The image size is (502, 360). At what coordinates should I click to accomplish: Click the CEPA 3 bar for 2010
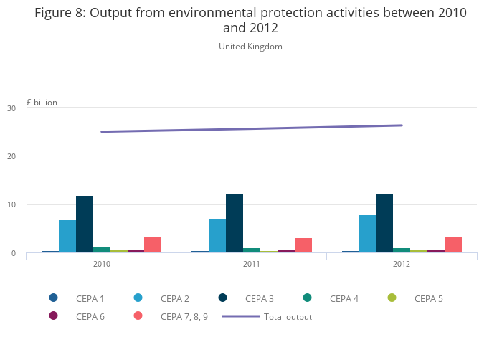(85, 224)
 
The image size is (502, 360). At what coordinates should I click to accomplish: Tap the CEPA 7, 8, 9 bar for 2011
(303, 245)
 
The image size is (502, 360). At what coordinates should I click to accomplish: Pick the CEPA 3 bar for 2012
(384, 223)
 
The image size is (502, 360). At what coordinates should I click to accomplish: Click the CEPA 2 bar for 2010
(67, 237)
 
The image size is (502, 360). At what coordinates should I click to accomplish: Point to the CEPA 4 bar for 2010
(102, 250)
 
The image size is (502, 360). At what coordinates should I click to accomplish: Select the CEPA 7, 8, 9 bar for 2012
(453, 245)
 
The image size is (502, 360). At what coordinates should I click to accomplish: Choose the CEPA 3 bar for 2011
(235, 223)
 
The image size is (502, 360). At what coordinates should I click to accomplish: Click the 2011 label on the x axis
(252, 264)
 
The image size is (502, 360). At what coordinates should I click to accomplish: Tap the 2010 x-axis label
(102, 264)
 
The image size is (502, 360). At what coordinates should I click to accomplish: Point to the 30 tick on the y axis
(11, 108)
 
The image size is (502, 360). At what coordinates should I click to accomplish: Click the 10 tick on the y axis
(11, 205)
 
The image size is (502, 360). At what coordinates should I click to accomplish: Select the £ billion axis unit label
(42, 103)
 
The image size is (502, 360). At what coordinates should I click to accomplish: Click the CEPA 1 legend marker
(54, 298)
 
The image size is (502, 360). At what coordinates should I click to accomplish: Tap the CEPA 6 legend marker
(54, 316)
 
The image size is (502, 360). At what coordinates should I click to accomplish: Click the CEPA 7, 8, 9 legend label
(184, 316)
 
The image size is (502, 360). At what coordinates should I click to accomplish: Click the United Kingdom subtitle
(250, 47)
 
